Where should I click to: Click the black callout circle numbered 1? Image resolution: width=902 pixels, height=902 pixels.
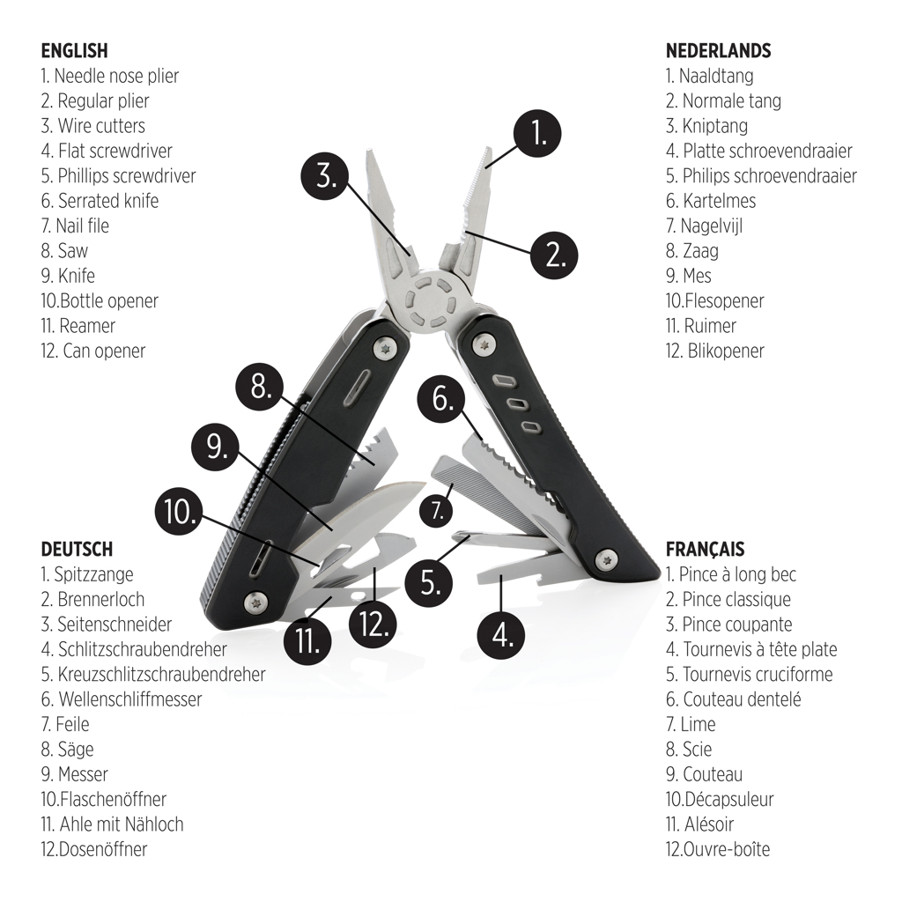click(x=538, y=132)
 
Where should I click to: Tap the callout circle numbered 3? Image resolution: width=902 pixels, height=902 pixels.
click(x=326, y=175)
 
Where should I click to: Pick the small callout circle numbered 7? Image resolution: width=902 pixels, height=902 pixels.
click(x=438, y=509)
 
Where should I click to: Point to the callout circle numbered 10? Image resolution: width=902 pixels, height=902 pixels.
click(x=180, y=513)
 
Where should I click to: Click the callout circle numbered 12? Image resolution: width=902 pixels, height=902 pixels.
click(x=373, y=624)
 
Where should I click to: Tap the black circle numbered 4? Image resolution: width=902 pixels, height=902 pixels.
click(x=501, y=634)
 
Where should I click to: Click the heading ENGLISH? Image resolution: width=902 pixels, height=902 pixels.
click(x=74, y=51)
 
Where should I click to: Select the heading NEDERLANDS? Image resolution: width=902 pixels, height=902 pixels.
click(x=718, y=51)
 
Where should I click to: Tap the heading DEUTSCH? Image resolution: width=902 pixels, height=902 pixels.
click(x=77, y=550)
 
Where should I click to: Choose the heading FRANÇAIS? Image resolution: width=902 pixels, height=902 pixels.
click(x=705, y=550)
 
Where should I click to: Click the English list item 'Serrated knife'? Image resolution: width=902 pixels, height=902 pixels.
click(x=100, y=201)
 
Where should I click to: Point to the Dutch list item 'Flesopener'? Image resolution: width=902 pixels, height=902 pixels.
click(x=714, y=301)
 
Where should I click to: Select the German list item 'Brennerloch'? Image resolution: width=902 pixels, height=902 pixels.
click(x=92, y=600)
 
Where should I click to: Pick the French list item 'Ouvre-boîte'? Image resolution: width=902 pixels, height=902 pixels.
click(x=718, y=850)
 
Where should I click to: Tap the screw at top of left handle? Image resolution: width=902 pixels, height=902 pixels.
click(x=384, y=349)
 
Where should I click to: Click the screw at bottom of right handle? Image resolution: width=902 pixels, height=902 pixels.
click(x=605, y=558)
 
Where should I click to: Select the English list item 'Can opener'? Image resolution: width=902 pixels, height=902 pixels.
click(x=93, y=351)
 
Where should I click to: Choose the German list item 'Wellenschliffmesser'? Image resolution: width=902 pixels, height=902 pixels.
click(x=122, y=699)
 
